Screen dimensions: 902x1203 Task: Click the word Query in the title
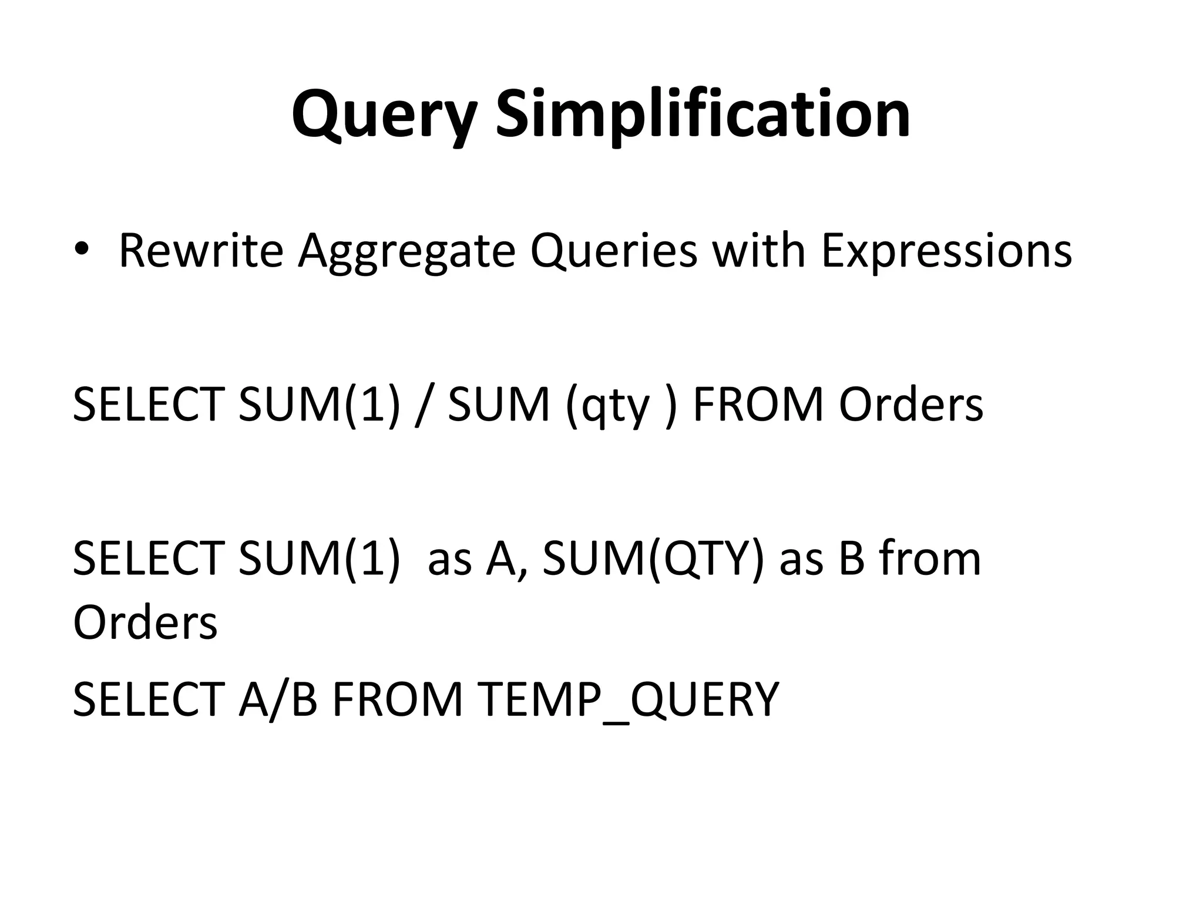point(384,115)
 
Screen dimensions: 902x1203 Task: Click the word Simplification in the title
point(703,115)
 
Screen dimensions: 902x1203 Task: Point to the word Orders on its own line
point(145,622)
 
